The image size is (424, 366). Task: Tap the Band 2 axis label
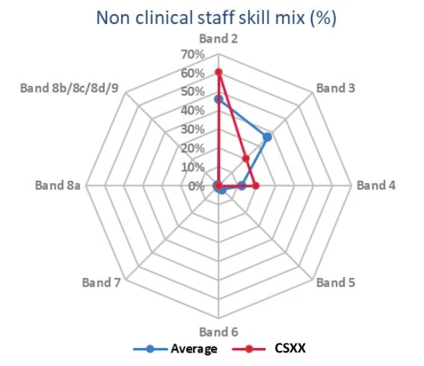[x=218, y=38]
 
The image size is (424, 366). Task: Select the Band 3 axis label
[x=335, y=88]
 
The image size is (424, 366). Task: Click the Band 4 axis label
[x=376, y=186]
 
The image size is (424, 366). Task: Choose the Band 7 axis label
[x=101, y=283]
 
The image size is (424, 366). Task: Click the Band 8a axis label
[x=58, y=186]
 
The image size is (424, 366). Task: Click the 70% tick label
[x=191, y=55]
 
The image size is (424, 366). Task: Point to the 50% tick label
[x=191, y=92]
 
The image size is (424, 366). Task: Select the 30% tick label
[x=191, y=129]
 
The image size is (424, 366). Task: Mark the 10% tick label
[x=191, y=167]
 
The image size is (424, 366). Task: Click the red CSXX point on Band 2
[x=218, y=72]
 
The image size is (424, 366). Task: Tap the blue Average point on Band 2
[x=218, y=99]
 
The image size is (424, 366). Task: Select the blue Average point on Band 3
[x=267, y=137]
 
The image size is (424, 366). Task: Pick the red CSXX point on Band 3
[x=245, y=158]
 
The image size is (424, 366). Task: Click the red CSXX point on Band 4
[x=256, y=185]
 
